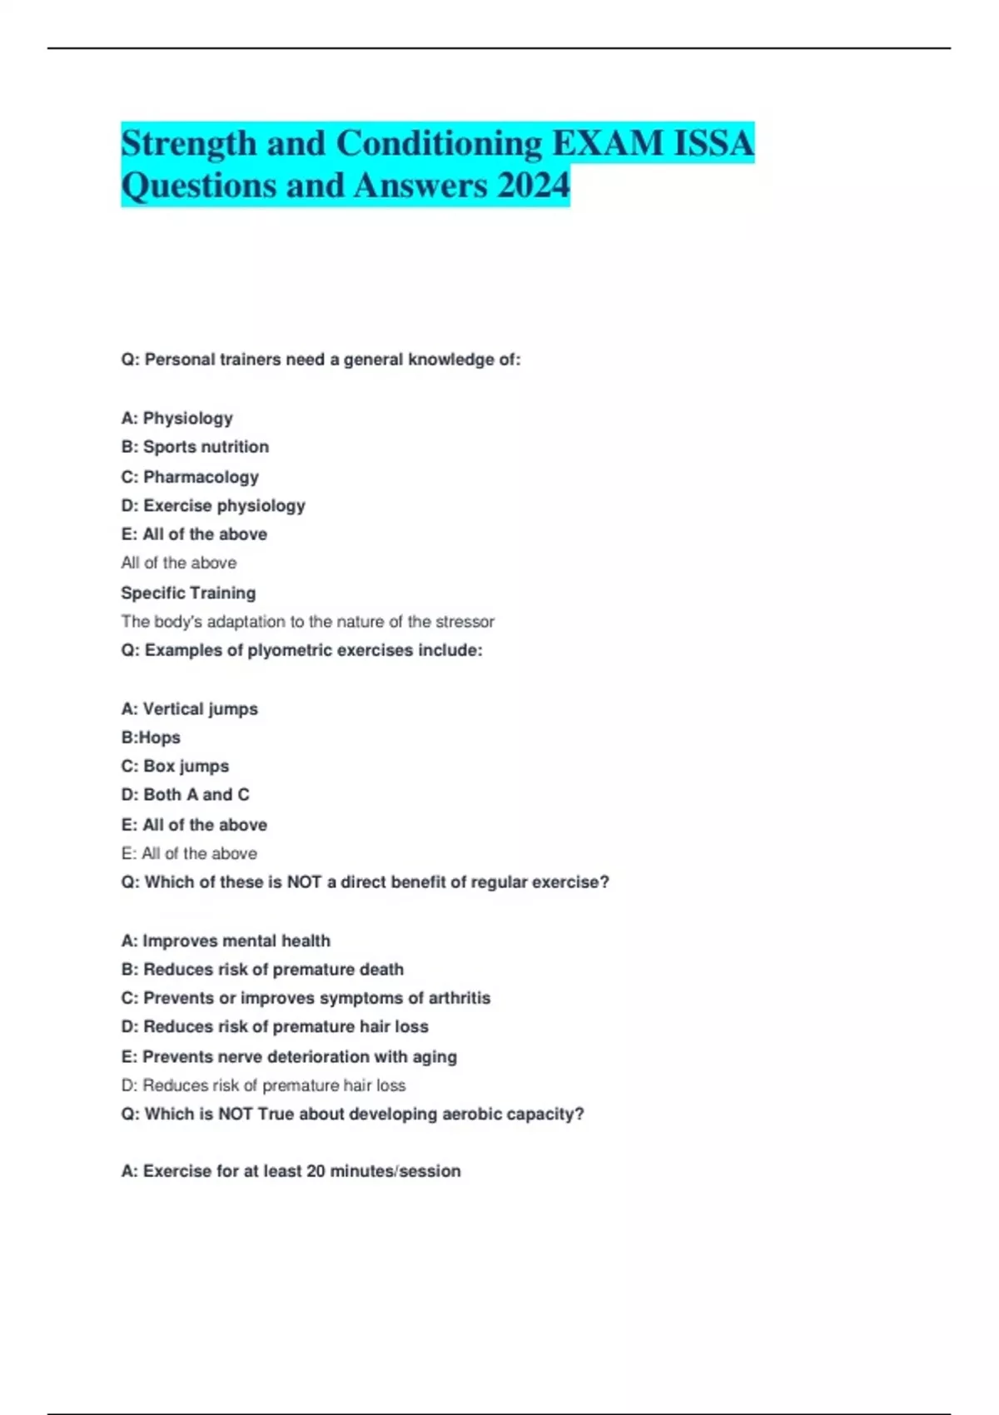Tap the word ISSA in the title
(x=713, y=143)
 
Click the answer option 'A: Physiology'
(x=176, y=418)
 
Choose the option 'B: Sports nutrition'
(x=195, y=447)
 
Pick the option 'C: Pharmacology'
(x=190, y=477)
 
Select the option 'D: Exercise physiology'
(x=213, y=505)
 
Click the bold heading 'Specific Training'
(x=188, y=593)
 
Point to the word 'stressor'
(x=465, y=622)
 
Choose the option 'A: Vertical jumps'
(x=189, y=708)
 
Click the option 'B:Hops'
(x=151, y=737)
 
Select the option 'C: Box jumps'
(x=175, y=766)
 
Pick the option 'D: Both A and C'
(x=185, y=795)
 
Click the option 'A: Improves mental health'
(x=226, y=941)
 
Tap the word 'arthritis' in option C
(x=459, y=998)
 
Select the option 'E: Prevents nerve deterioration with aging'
(x=289, y=1056)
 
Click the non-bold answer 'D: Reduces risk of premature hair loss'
(x=263, y=1085)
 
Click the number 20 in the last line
(x=316, y=1171)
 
